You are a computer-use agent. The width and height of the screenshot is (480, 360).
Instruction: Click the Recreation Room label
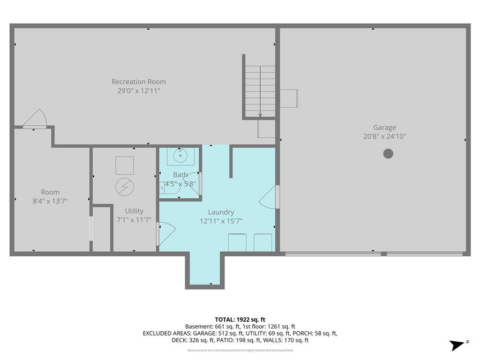point(139,82)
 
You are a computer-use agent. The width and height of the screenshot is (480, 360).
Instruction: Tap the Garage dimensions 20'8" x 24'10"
point(384,136)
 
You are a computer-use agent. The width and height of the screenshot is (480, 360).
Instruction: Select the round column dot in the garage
point(388,153)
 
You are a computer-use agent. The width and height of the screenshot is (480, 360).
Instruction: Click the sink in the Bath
point(180,156)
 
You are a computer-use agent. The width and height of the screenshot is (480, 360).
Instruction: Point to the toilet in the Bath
point(169,188)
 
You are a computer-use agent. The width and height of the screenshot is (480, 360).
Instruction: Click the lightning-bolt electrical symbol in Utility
point(125,187)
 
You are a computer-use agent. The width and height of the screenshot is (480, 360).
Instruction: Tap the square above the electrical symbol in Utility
point(125,165)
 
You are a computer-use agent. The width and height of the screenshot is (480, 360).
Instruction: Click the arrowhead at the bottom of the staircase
point(260,115)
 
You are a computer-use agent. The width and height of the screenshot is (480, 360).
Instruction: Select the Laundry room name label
point(221,212)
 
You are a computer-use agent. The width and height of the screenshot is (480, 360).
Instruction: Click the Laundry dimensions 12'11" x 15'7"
point(221,221)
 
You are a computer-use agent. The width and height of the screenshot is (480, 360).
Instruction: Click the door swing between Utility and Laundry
point(166,234)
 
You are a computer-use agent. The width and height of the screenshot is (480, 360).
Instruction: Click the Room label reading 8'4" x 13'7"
point(50,201)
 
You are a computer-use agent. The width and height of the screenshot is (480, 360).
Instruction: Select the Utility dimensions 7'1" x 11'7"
point(134,220)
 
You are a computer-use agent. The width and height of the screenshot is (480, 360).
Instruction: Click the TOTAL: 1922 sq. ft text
point(240,320)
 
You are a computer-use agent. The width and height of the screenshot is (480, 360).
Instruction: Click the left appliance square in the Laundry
point(237,242)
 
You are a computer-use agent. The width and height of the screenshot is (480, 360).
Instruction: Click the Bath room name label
point(180,175)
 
